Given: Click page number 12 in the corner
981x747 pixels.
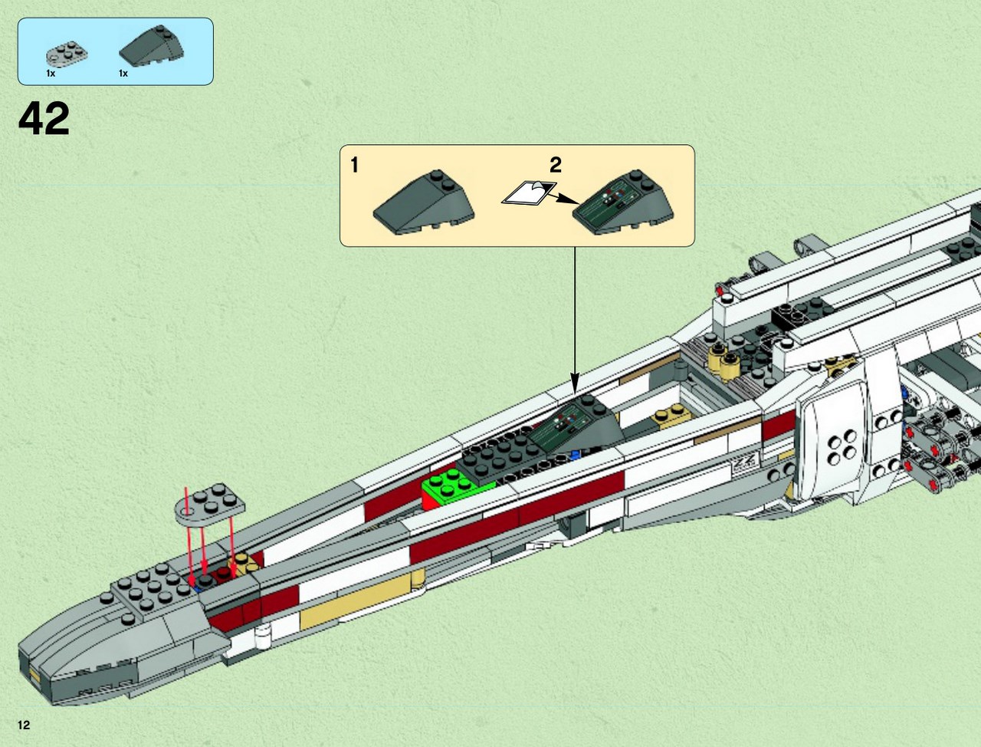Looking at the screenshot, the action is [24, 725].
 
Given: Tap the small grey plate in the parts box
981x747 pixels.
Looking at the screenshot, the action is [67, 54].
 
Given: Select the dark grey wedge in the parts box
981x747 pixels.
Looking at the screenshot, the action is [152, 46].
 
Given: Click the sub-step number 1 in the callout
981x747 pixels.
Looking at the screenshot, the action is [354, 165].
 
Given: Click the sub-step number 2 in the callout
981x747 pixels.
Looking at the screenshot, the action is [555, 165].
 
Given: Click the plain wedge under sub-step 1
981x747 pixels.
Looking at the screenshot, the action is [424, 202].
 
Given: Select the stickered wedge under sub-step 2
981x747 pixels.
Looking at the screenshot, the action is [623, 202].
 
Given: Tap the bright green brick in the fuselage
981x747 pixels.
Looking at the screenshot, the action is [451, 489].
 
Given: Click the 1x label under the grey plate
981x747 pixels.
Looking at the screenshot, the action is [51, 74].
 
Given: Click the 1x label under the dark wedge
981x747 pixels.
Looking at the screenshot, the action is [123, 74].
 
